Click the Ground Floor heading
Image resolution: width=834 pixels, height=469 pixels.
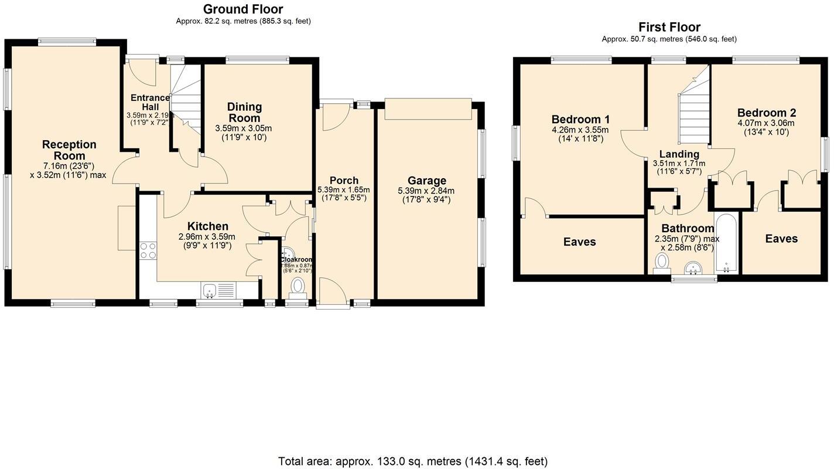coord(242,9)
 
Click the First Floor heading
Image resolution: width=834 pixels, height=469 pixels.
coord(669,27)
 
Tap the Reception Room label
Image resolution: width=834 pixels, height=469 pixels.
coord(69,150)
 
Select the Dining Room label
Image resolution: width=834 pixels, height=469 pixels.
coord(244,112)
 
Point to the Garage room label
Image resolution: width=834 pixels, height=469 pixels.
coord(427,181)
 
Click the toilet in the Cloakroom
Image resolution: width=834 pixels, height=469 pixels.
coord(298,286)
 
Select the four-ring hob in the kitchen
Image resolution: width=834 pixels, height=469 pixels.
coord(148,251)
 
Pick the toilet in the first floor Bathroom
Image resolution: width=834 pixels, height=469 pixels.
coord(662,262)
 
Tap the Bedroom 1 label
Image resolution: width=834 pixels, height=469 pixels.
coord(580,119)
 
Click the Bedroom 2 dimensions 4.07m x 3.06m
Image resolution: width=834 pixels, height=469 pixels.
coord(767,124)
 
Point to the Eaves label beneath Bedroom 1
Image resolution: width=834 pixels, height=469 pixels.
coord(579,242)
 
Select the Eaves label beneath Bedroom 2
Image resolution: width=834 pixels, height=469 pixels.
coord(781,239)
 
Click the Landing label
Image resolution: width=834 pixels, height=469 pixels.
coord(679,154)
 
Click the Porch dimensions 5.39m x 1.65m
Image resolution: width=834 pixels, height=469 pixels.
coord(343,190)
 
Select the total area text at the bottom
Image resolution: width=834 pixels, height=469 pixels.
coord(413,461)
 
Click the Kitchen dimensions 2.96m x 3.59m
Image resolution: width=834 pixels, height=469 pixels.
coord(207,237)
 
